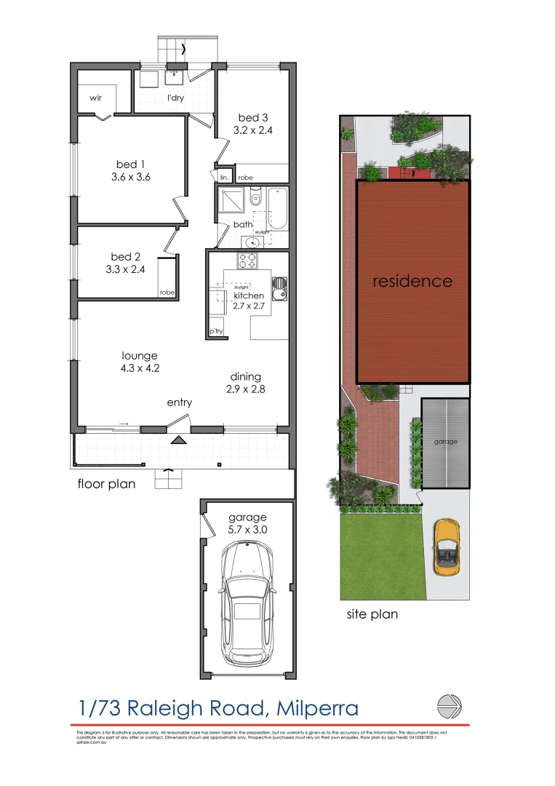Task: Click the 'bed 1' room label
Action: coord(132,164)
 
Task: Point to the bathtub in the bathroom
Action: coord(278,209)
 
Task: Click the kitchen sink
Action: coord(279,289)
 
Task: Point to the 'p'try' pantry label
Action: coord(216,331)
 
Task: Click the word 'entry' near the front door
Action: coord(179,402)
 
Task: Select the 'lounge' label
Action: coord(140,356)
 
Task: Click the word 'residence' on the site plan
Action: coord(412,282)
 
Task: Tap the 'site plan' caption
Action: coord(372,614)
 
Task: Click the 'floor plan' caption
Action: coord(106,483)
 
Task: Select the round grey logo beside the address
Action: coord(449,706)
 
